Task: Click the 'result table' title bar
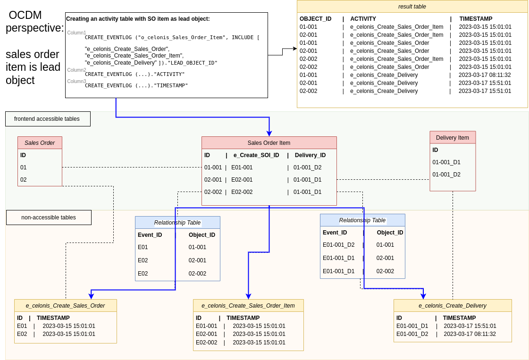[412, 7]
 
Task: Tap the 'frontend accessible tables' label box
[48, 119]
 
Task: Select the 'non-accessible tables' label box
[49, 218]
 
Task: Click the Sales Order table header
[40, 143]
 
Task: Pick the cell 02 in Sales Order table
[24, 180]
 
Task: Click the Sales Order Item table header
[269, 143]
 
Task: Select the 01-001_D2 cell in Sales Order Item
[307, 167]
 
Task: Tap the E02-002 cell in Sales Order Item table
[242, 192]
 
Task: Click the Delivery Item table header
[453, 138]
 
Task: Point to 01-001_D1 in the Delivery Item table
[446, 162]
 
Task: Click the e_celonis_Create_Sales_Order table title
[65, 306]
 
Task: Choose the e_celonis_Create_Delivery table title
[453, 306]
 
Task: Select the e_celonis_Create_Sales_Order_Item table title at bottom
[248, 306]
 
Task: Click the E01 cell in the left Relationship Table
[143, 247]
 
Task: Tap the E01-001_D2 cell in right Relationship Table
[338, 245]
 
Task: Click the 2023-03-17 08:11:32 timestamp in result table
[485, 75]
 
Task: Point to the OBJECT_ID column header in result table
[315, 19]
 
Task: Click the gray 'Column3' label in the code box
[76, 81]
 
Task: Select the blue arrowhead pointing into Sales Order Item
[269, 134]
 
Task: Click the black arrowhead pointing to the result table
[295, 49]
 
